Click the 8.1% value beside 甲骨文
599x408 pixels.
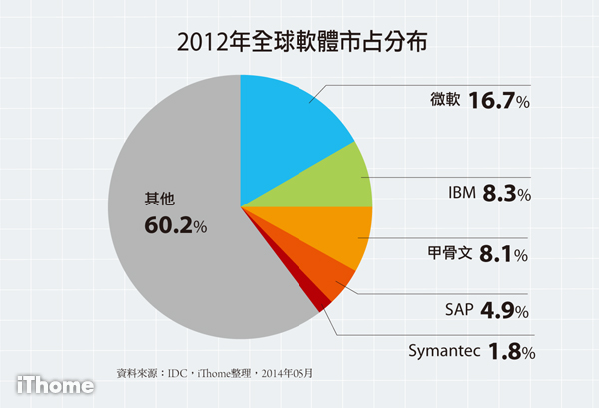[x=505, y=254]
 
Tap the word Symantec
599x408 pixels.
[x=446, y=352]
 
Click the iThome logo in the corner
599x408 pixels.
[x=55, y=384]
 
